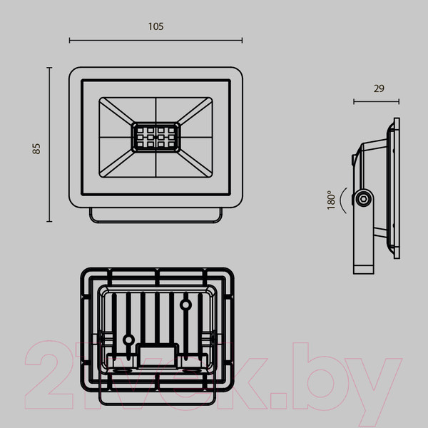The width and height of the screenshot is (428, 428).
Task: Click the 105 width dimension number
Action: [x=156, y=26]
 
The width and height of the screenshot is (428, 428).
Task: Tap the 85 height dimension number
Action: [x=36, y=148]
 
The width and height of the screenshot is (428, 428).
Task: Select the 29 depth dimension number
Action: [x=378, y=88]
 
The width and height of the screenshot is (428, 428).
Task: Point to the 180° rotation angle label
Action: [x=330, y=199]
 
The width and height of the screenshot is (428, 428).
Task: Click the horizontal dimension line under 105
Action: [x=156, y=41]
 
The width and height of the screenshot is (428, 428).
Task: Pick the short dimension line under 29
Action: [x=376, y=102]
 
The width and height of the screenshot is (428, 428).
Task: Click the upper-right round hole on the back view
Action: [x=185, y=305]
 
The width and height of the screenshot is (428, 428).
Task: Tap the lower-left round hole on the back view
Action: [x=129, y=340]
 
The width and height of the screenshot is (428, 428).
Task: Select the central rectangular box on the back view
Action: [x=157, y=354]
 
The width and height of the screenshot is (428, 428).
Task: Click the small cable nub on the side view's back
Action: [x=354, y=161]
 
